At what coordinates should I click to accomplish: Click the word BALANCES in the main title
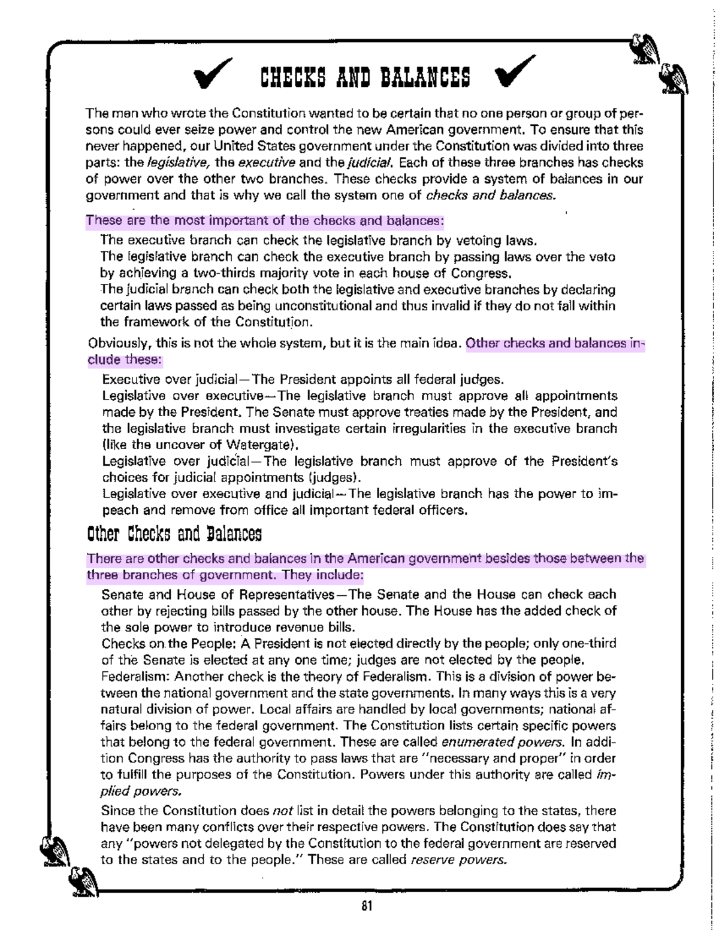(426, 77)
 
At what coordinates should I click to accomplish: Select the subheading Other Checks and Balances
(174, 534)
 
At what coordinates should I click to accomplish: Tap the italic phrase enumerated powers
(503, 742)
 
